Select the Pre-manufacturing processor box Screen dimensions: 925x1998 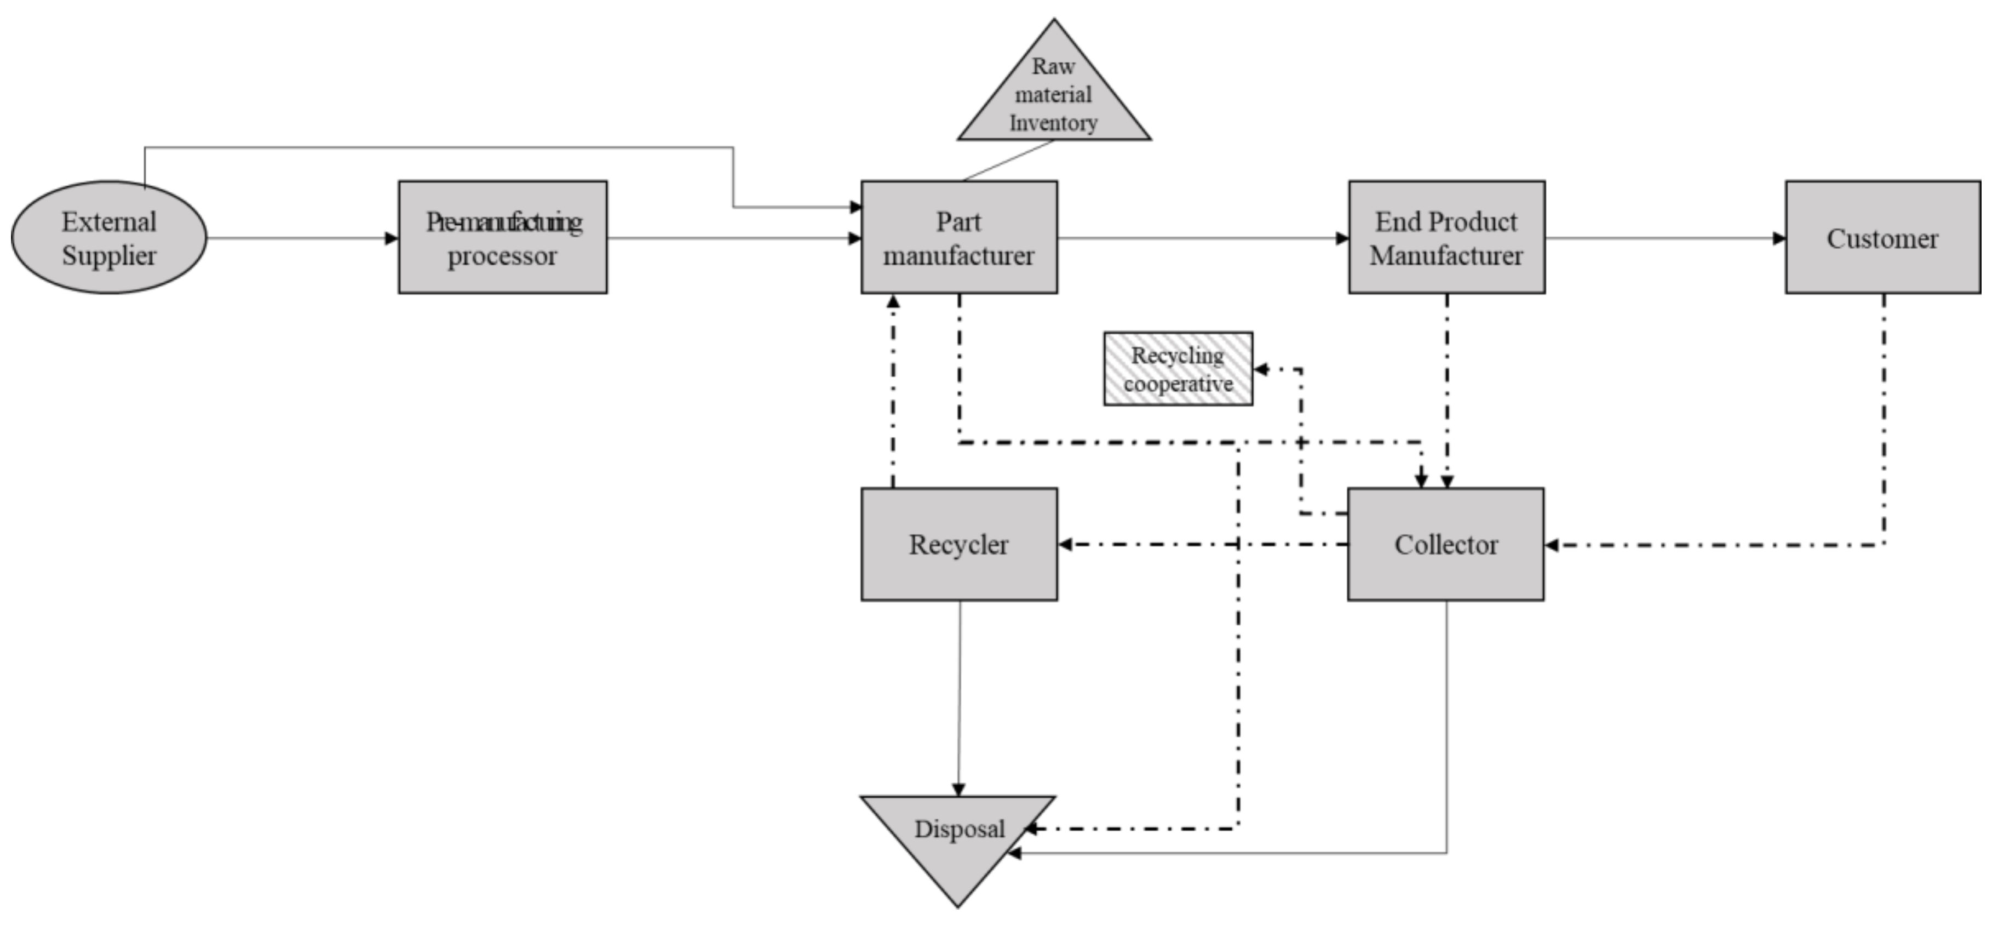(503, 237)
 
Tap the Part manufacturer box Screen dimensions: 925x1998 (958, 237)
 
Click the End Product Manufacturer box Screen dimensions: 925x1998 (1446, 237)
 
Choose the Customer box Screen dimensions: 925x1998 (1882, 237)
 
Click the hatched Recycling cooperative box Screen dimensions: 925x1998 (1178, 369)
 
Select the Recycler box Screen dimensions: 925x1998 (958, 544)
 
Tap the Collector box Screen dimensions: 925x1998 (1446, 544)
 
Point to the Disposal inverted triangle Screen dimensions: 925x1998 (958, 838)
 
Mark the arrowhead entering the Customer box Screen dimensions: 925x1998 (1779, 238)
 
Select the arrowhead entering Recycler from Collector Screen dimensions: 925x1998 (1065, 544)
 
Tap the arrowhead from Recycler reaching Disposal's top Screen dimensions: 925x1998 (958, 790)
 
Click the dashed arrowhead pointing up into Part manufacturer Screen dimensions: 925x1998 (893, 301)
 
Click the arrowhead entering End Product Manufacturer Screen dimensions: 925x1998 (1342, 238)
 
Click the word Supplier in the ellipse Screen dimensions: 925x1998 (108, 256)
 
